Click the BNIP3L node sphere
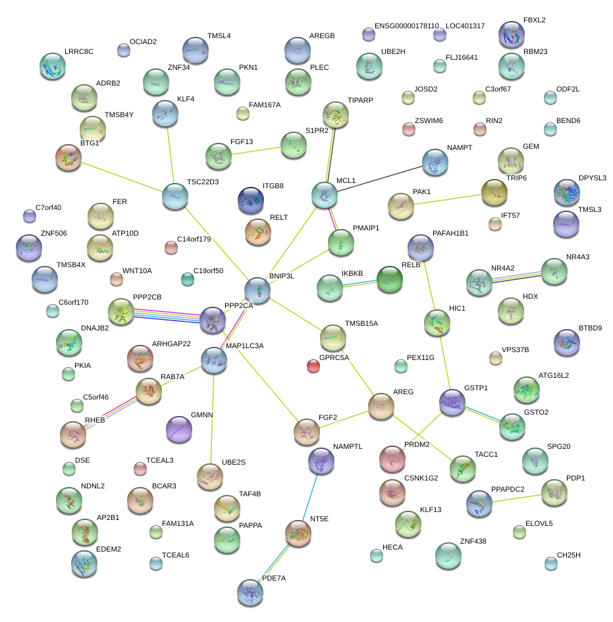pos(257,290)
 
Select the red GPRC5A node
pos(314,365)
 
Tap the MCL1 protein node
pos(324,194)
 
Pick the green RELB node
pos(389,280)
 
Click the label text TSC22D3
pos(202,182)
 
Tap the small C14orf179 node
pos(171,247)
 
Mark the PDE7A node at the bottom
pos(250,592)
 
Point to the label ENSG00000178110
pos(406,26)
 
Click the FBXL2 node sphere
pos(512,34)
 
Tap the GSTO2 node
pos(512,426)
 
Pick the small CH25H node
pos(550,563)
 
